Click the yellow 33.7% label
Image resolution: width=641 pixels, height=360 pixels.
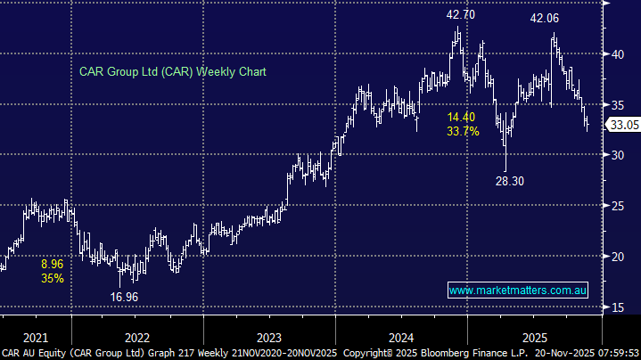click(x=464, y=131)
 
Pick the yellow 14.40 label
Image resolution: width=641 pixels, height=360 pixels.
click(x=463, y=117)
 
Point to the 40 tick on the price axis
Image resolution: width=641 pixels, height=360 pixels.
click(x=616, y=53)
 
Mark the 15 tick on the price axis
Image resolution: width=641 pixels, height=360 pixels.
click(x=616, y=307)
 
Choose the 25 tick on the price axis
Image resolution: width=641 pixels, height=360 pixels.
click(x=616, y=206)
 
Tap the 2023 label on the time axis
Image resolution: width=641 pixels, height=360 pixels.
click(x=267, y=338)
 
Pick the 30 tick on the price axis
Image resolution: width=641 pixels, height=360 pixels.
click(x=616, y=155)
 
